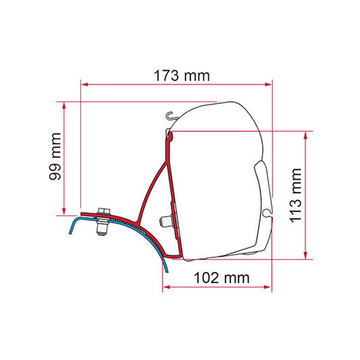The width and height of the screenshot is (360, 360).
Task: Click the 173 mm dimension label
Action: [x=182, y=76]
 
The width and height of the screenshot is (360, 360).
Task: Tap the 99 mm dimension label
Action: [x=55, y=156]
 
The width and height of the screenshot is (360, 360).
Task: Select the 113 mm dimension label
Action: [x=295, y=195]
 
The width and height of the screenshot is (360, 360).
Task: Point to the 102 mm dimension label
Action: [x=222, y=278]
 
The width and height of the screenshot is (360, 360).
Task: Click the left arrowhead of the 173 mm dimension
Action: [x=85, y=84]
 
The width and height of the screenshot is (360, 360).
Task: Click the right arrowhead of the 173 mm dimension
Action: [x=268, y=84]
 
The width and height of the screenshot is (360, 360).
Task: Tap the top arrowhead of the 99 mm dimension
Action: [x=64, y=105]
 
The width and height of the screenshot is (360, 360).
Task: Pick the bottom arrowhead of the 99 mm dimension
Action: [x=64, y=211]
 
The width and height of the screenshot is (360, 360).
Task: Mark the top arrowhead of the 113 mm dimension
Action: [x=305, y=136]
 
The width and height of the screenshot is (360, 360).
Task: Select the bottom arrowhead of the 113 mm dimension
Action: [x=305, y=255]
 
